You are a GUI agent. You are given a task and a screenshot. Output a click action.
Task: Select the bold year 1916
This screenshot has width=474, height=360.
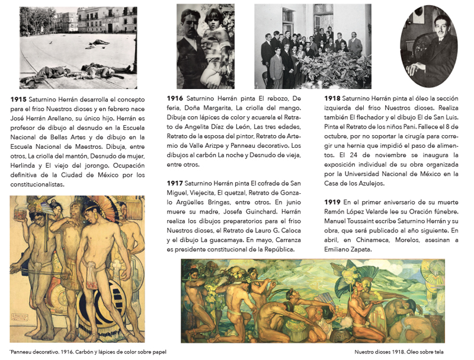pos(175,97)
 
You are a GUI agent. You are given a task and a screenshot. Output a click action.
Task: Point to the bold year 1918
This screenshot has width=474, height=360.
pos(332,97)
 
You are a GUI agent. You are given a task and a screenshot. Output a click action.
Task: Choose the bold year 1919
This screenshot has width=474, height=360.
pos(332,202)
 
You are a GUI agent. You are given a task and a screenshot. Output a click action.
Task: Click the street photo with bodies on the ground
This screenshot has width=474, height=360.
pos(78,47)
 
